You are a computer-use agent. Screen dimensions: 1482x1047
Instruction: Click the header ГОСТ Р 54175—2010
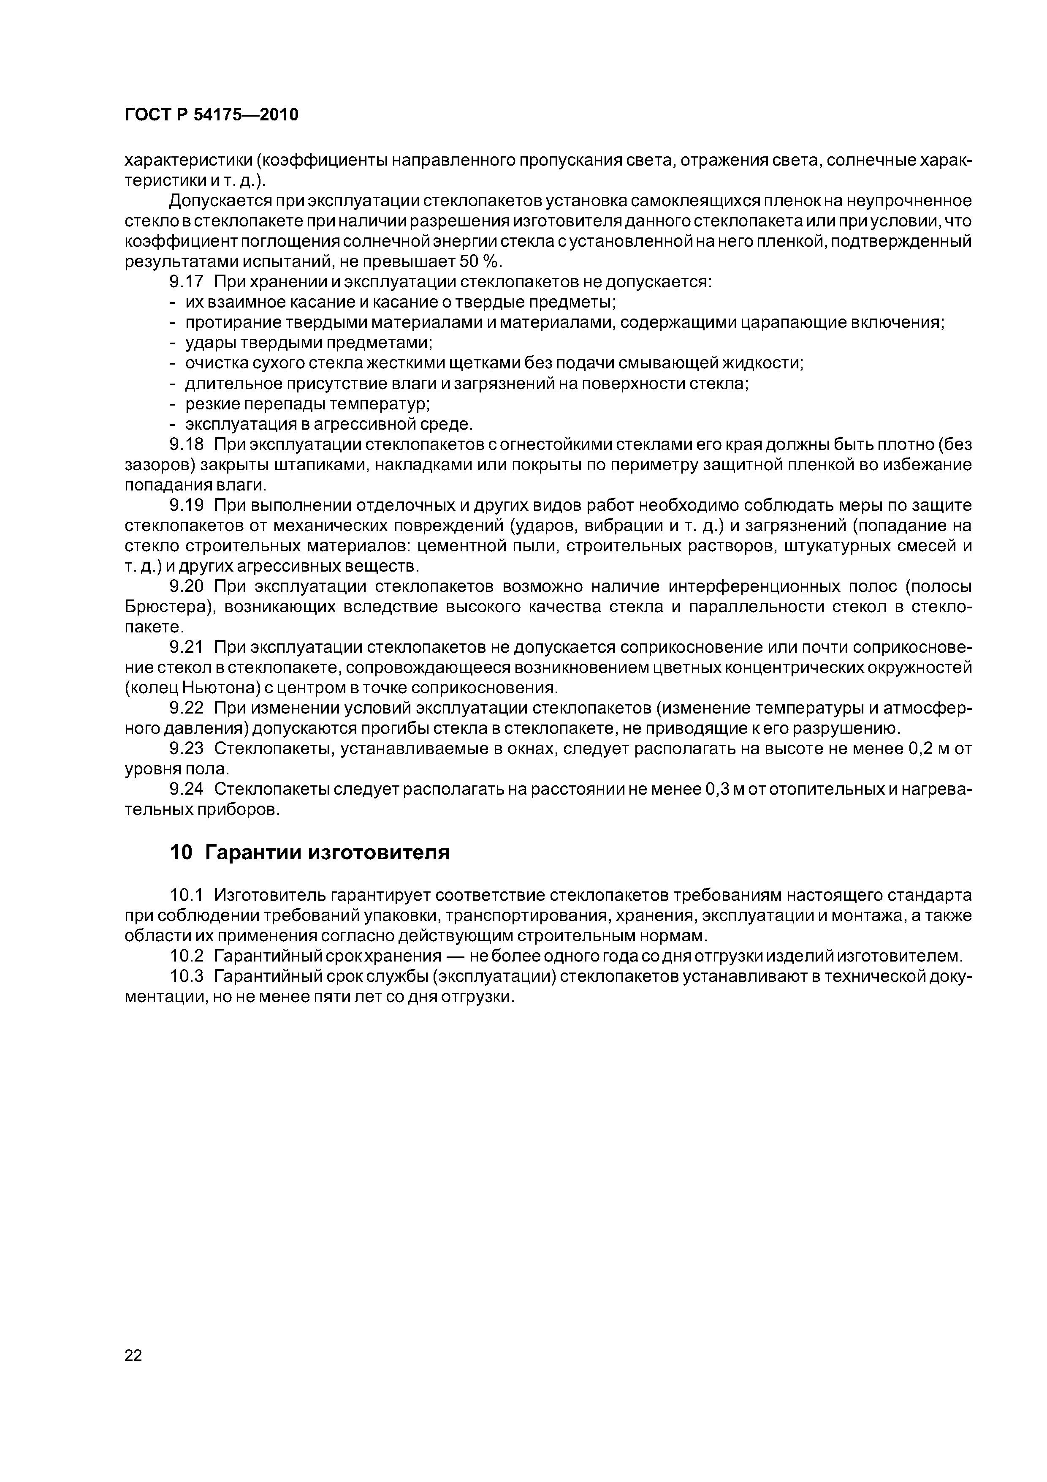point(211,115)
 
